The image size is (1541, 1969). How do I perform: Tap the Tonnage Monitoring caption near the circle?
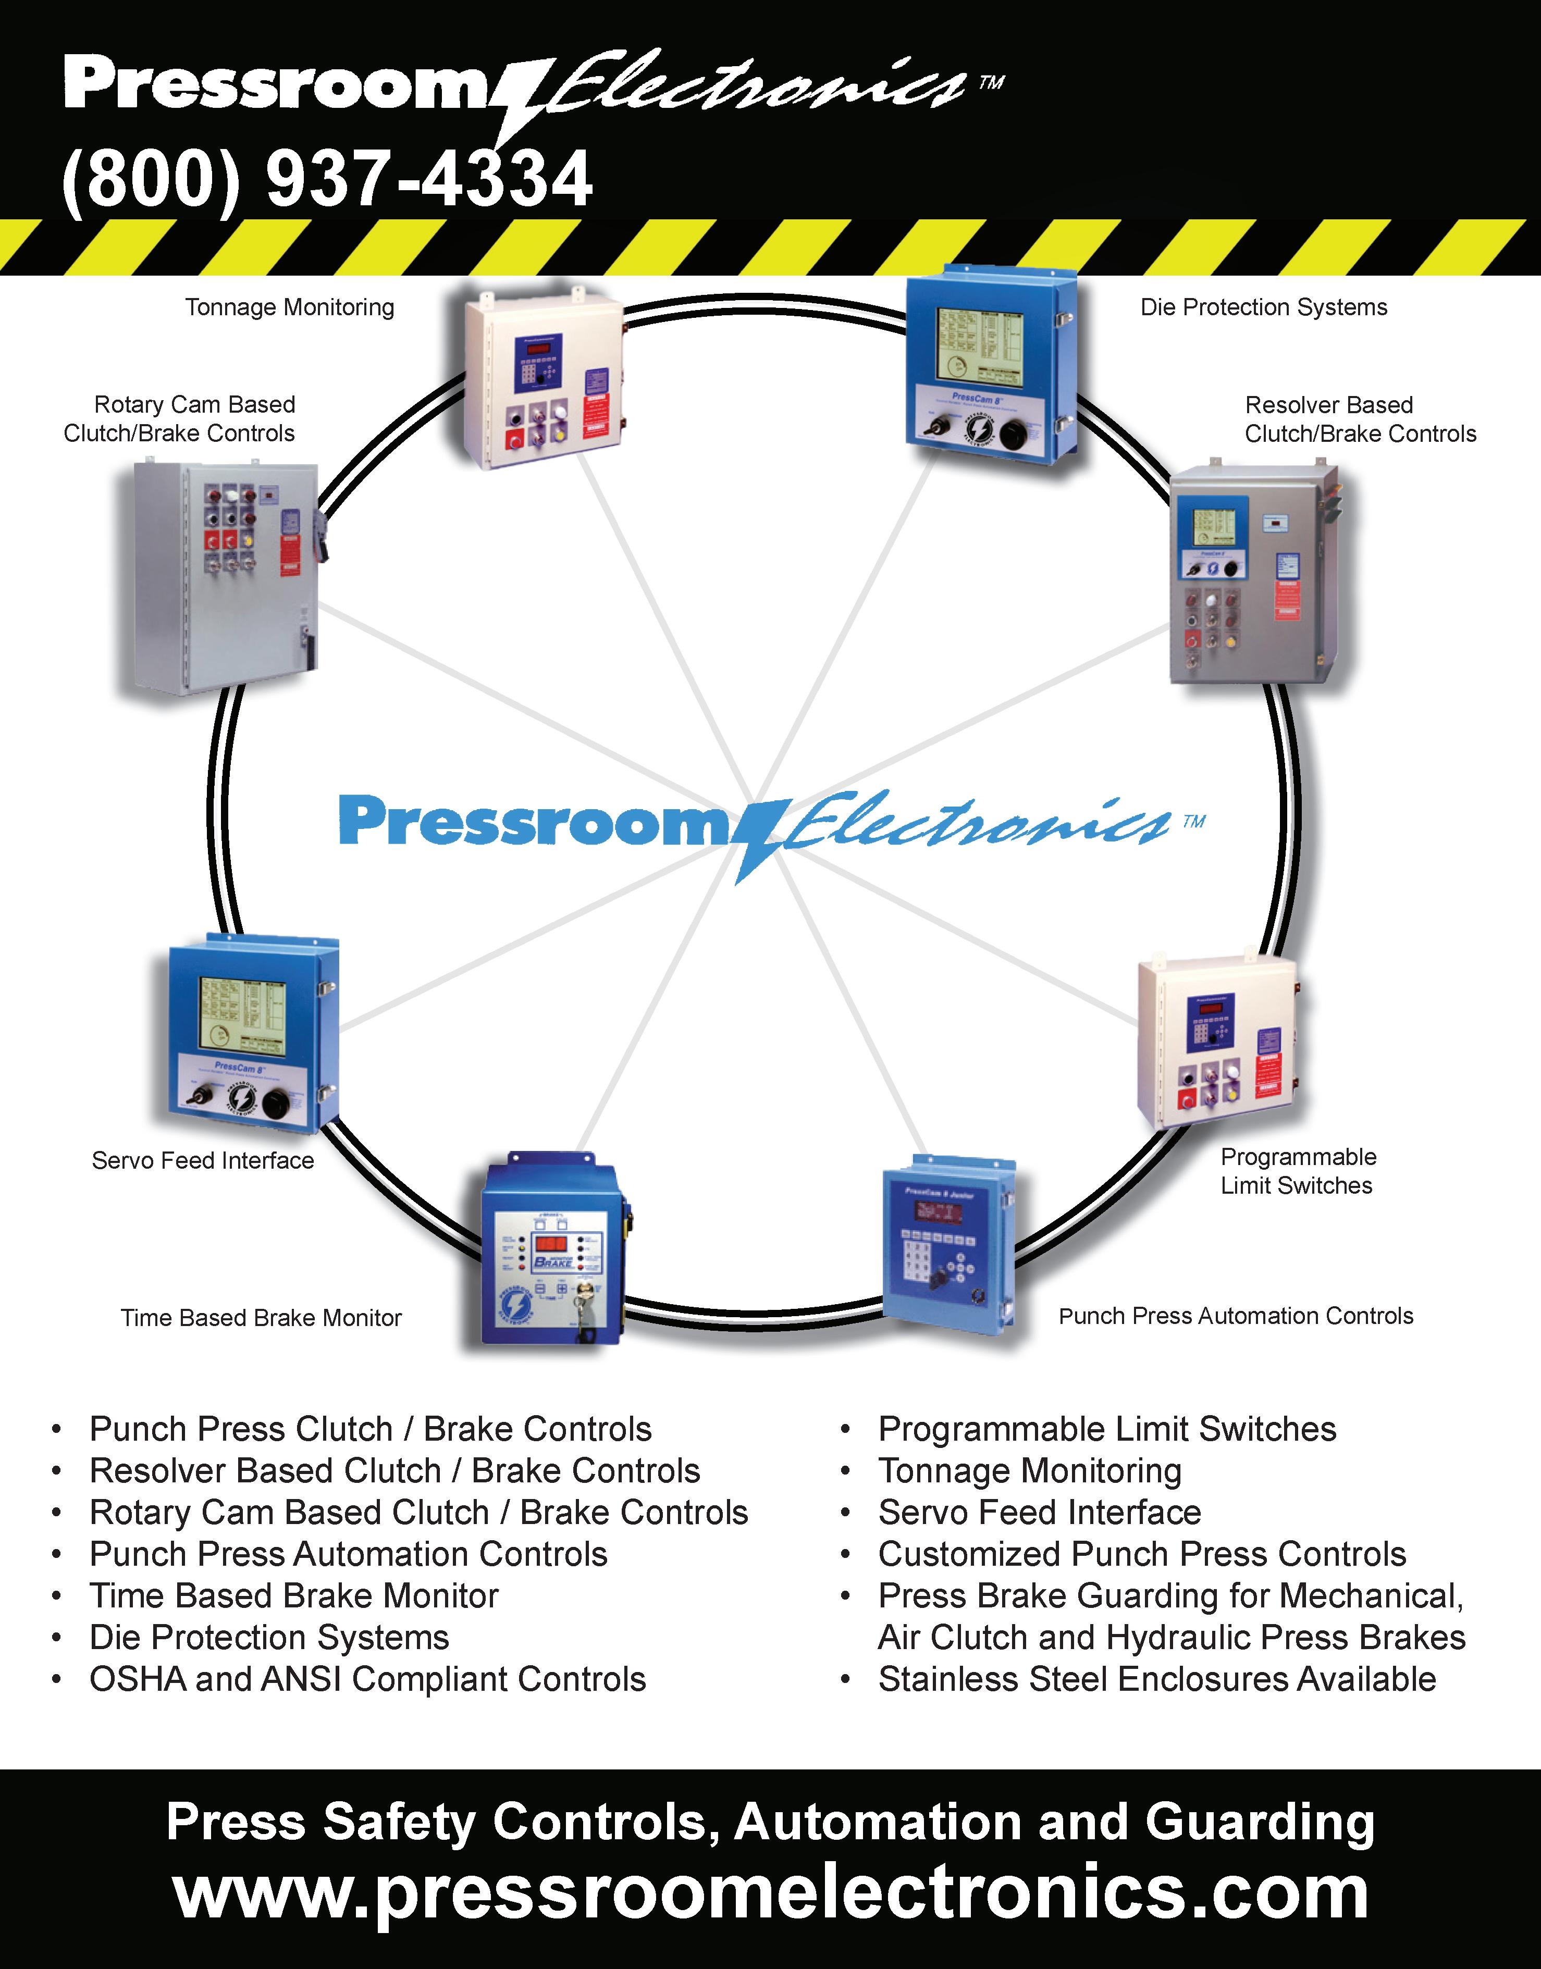click(x=290, y=307)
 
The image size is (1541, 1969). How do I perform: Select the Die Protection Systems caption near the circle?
click(x=1263, y=307)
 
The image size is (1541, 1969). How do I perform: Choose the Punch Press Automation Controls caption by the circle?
click(x=1235, y=1316)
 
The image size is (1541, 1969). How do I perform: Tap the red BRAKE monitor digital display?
click(x=550, y=1242)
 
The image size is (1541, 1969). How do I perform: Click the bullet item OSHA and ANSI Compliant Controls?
click(x=367, y=1679)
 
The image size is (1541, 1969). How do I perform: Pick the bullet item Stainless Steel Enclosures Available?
click(x=1156, y=1679)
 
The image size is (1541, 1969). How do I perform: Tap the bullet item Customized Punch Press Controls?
click(x=1141, y=1554)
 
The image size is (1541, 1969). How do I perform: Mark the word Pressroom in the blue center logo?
click(x=532, y=821)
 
